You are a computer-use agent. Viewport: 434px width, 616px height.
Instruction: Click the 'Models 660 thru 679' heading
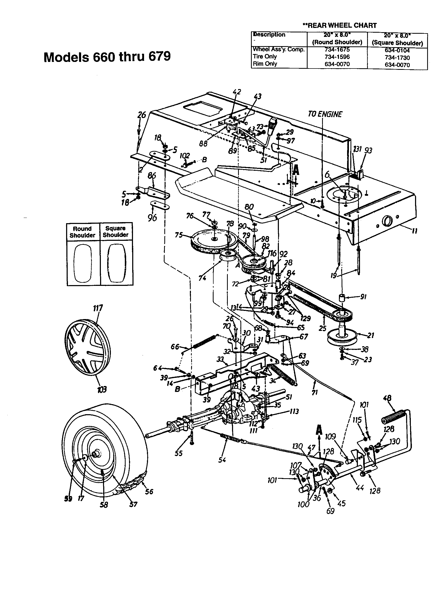pos(107,57)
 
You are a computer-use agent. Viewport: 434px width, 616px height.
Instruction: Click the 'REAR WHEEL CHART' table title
pos(339,26)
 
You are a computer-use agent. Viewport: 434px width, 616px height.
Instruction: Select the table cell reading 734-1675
pos(337,50)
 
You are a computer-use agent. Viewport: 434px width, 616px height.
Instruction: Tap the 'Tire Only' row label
pos(265,57)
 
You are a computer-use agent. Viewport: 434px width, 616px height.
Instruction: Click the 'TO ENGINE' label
pos(325,114)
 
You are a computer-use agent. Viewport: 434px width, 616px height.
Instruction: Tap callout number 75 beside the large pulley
pos(179,235)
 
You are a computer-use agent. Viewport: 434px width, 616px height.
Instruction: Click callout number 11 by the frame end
pos(415,231)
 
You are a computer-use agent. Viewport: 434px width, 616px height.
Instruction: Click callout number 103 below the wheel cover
pos(102,389)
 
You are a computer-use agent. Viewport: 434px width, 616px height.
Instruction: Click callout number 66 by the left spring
pos(175,347)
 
